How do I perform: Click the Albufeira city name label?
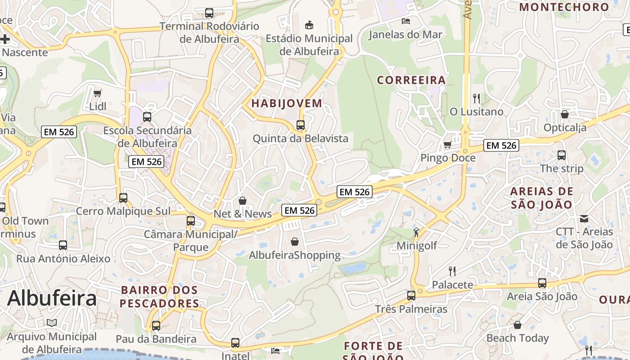52,298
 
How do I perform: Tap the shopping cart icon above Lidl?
97,94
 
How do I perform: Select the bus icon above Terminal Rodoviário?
209,13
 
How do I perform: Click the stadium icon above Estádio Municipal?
309,25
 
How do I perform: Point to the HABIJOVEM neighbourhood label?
287,103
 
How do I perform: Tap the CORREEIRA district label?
411,80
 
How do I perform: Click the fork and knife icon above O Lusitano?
477,98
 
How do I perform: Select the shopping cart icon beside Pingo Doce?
447,144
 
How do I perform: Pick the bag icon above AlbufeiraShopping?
294,242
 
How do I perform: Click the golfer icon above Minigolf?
417,232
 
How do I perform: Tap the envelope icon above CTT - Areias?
584,219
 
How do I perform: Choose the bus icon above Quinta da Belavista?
301,125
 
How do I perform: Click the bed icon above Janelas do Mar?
405,21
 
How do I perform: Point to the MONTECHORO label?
564,7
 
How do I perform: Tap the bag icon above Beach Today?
517,325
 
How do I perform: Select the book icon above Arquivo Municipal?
52,323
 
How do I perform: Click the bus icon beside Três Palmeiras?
411,296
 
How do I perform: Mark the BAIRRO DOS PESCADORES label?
159,297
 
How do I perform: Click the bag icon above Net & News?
243,201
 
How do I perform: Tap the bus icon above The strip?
562,155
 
